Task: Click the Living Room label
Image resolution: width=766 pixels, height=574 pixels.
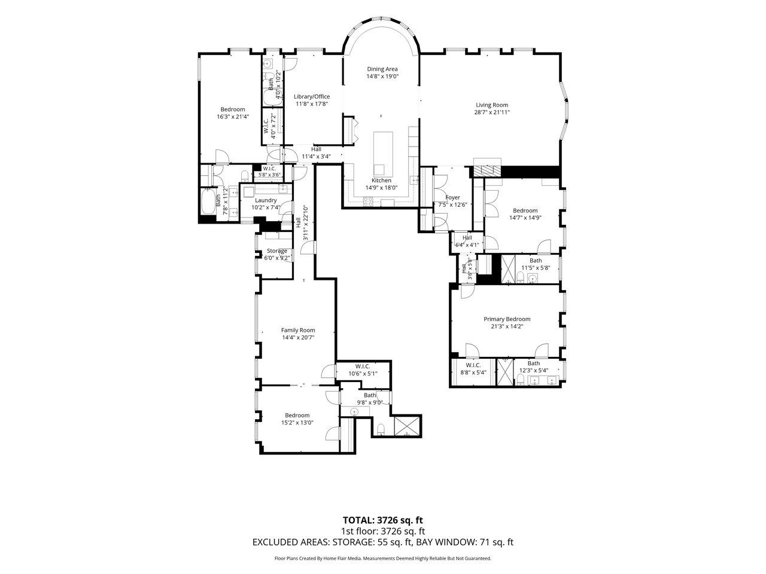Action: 492,105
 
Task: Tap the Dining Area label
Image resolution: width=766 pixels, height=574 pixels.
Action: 382,69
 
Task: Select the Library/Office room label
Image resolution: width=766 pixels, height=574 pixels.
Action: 312,96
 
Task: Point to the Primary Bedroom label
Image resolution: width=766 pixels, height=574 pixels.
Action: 507,319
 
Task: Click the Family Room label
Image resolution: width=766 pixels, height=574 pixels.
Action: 298,330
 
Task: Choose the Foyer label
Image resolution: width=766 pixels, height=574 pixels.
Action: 452,197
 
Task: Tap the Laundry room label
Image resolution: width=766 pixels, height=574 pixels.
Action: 266,200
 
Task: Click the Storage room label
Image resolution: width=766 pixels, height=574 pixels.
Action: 276,251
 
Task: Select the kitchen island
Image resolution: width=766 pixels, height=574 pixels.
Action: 383,154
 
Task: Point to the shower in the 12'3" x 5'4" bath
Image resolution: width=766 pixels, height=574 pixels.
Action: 505,372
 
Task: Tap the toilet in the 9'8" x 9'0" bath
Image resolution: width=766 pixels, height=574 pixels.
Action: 381,429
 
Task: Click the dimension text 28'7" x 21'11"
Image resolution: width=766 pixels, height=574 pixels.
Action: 492,112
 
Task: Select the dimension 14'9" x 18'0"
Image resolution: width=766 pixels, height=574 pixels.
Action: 381,188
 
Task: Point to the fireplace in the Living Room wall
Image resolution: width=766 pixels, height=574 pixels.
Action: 487,170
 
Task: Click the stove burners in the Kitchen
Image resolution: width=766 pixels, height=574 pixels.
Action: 368,201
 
